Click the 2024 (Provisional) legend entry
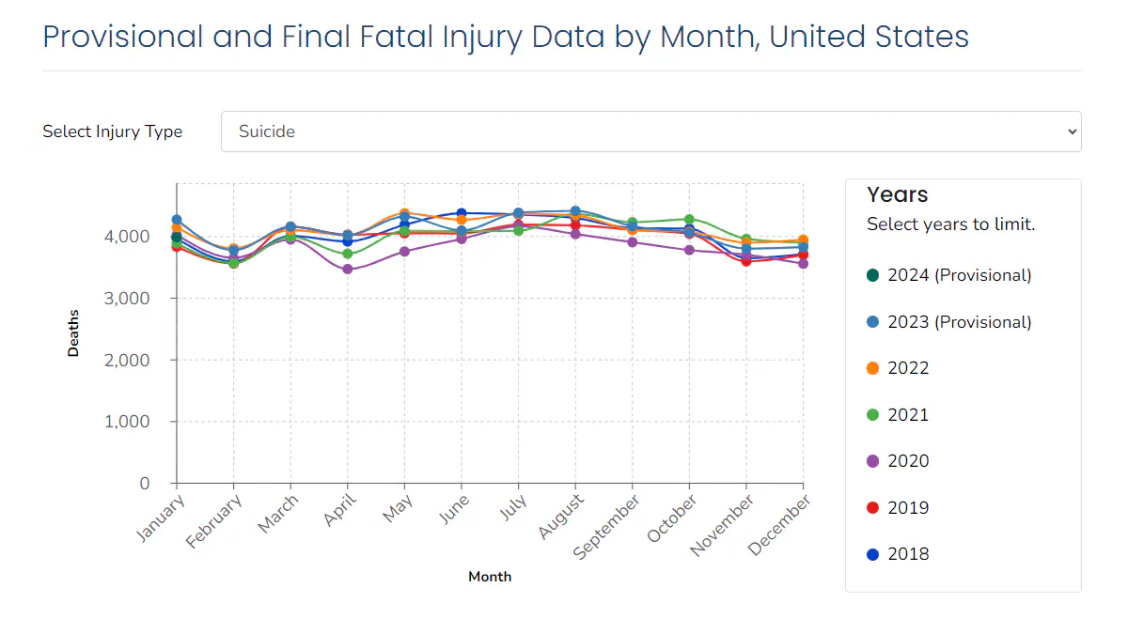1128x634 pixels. click(948, 275)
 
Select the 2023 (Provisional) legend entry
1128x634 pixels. click(948, 322)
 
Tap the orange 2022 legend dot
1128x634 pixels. click(873, 368)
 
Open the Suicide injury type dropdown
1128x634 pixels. click(650, 131)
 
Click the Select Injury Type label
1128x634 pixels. click(113, 131)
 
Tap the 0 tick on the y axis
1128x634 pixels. click(145, 484)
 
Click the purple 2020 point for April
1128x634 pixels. click(348, 270)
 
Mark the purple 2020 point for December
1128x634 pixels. click(803, 264)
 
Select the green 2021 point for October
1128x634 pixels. click(689, 220)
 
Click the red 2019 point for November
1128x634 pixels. click(746, 261)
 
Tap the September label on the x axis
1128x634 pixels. click(608, 528)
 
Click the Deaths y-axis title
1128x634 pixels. click(73, 332)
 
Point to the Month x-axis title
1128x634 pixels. click(490, 577)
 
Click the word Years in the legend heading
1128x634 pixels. click(897, 194)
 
